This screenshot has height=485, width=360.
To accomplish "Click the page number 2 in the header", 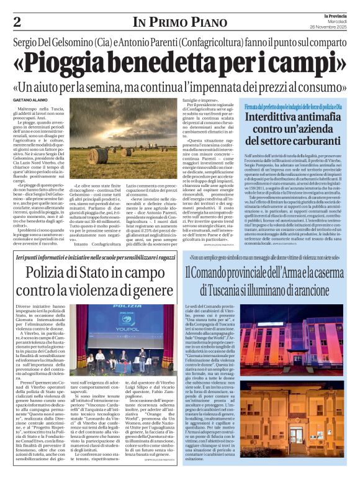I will [x=16, y=22].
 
